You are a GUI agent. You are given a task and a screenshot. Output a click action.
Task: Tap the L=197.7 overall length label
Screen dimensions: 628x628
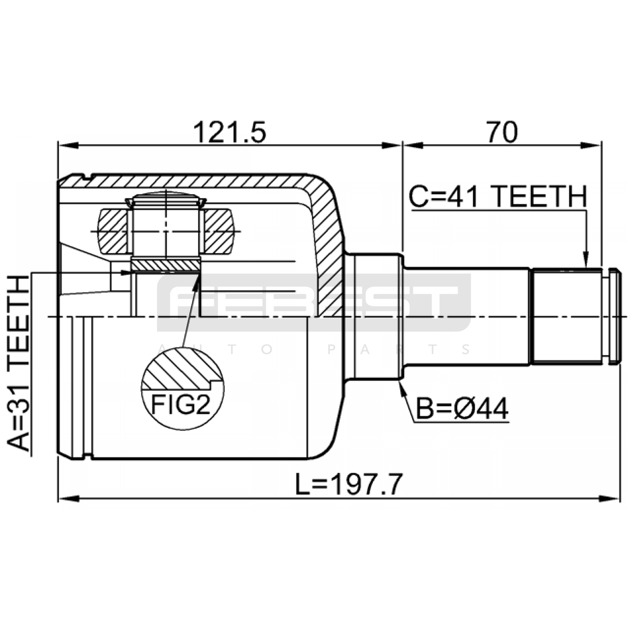349,484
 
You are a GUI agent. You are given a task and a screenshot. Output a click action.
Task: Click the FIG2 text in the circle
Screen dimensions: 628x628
181,405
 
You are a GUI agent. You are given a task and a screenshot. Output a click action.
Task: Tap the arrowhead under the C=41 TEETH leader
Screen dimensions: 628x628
586,259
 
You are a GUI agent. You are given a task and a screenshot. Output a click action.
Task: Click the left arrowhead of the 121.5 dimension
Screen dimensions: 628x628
68,146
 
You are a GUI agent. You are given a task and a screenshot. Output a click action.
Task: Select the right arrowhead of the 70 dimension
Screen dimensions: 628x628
591,146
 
